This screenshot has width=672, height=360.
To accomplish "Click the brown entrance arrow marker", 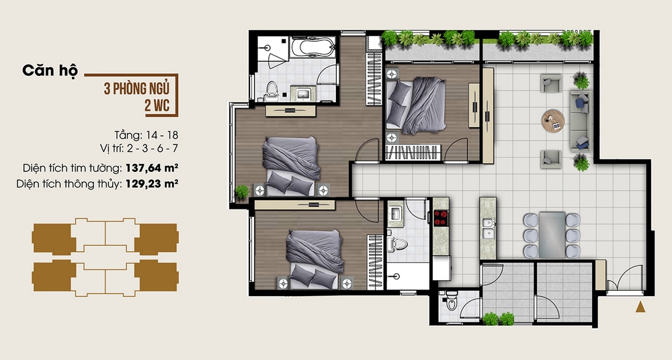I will [640, 308].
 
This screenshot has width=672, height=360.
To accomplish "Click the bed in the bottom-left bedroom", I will [311, 257].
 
